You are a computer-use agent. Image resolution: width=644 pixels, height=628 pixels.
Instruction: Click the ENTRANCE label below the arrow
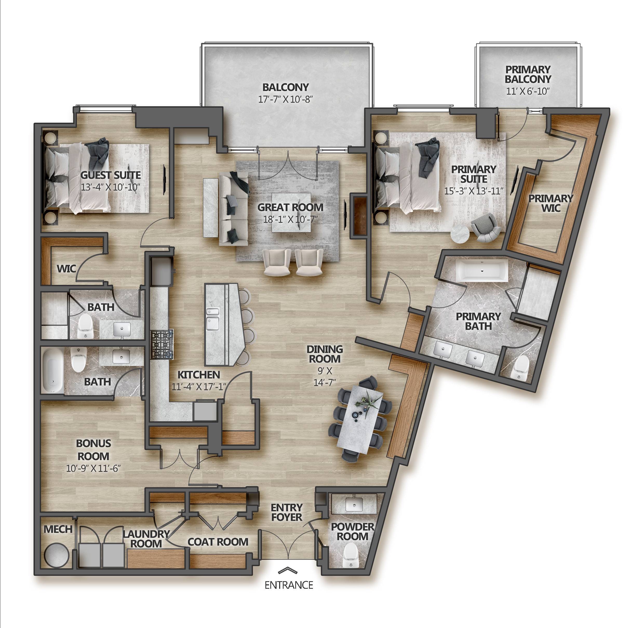coord(289,585)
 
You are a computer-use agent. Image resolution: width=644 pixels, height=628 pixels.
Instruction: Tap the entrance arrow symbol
coord(288,570)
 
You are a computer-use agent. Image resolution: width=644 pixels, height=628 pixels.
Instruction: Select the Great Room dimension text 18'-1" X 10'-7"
coord(290,219)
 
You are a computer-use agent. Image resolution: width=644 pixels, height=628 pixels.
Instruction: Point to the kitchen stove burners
coord(162,345)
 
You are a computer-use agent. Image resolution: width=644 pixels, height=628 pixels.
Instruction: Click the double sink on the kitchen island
coord(213,319)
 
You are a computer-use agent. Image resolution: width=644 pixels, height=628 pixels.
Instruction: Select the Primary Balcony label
coord(528,74)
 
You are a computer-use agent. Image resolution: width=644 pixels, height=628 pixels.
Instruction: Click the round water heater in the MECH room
coord(57,556)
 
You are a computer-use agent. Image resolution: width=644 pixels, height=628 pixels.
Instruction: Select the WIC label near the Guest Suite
coord(66,269)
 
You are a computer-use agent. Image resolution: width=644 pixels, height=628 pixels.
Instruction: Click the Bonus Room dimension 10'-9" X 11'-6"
coord(93,468)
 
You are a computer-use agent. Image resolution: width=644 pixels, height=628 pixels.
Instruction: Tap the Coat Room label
coord(218,542)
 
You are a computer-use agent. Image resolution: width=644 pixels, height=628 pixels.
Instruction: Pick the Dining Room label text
coord(325,354)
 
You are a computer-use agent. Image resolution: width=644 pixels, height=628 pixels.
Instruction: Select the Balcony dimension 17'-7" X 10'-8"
coord(285,99)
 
